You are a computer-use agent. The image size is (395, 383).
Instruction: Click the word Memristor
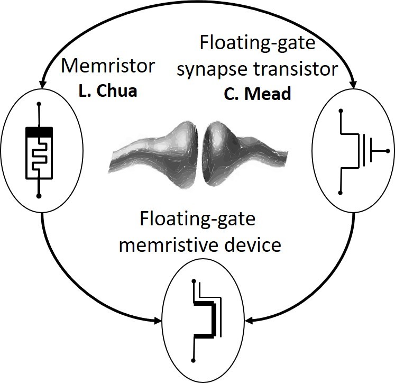(108, 67)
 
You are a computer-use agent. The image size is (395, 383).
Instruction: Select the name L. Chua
(108, 91)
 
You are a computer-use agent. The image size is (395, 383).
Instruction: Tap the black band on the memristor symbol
(39, 130)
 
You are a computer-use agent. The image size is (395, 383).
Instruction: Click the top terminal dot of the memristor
(39, 105)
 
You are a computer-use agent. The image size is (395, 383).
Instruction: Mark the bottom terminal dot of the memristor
(39, 196)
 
